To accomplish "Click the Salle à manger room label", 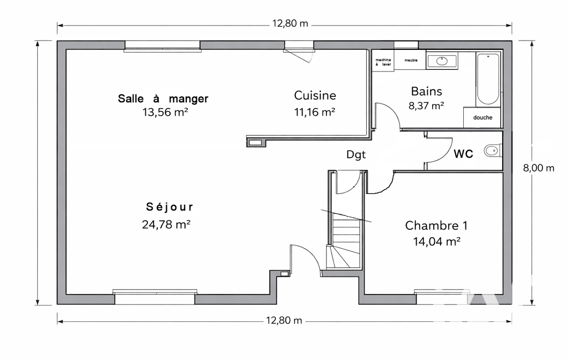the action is coord(163,99).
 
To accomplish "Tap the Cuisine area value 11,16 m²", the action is coord(314,112).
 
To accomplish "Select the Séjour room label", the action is coord(170,207).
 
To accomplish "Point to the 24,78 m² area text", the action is coord(166,224).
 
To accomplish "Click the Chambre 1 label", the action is coord(436,225).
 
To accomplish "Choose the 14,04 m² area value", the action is coord(437,241).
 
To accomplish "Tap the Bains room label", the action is coord(426,91).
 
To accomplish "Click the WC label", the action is coord(463,154).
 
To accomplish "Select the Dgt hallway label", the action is coord(356,155).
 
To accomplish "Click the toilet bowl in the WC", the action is coord(492,150).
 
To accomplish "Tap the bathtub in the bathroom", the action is coord(488,79).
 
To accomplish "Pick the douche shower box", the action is coord(482,117).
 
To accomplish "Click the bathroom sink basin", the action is coord(442,61).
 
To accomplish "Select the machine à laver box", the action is coord(383,61).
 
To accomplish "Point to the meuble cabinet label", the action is coord(411,60).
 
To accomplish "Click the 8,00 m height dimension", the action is coord(539,168).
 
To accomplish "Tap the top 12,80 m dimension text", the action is coord(290,24).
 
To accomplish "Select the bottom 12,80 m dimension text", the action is coord(284,321).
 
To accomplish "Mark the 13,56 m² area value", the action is coord(165,112).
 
